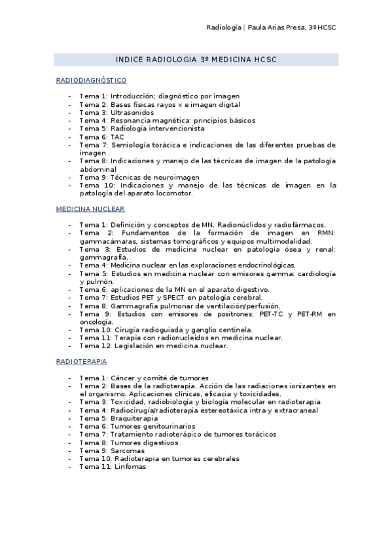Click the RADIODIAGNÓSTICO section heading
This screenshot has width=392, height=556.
point(91,80)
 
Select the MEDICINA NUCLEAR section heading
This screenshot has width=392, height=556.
point(90,209)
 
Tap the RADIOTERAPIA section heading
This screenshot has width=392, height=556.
point(82,361)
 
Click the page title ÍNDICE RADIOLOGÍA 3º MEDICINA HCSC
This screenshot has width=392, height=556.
point(196,60)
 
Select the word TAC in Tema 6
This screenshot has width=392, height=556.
point(117,137)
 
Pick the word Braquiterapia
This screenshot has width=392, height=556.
point(134,418)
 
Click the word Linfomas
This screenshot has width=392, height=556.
point(128,467)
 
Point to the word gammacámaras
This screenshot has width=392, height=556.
point(103,241)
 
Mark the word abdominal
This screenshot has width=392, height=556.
point(98,169)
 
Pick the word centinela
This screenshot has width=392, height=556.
point(237,330)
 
